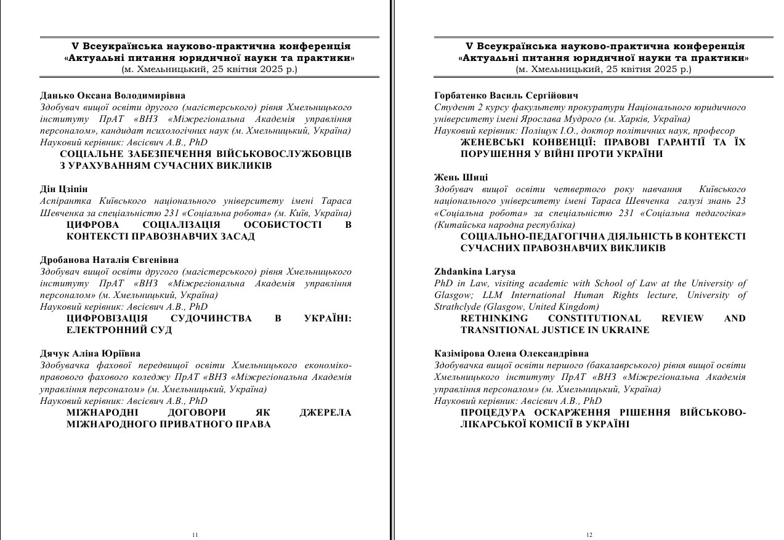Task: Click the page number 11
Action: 195,535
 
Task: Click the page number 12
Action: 589,535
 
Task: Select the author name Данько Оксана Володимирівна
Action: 113,95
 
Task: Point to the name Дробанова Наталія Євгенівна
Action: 110,260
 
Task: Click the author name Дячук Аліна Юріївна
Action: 91,353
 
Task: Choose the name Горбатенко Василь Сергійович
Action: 506,95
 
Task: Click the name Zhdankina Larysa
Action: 475,272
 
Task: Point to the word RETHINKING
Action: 494,318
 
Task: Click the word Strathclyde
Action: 458,307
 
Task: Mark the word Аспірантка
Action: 66,201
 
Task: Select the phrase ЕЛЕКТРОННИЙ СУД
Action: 119,330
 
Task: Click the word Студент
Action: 452,107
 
